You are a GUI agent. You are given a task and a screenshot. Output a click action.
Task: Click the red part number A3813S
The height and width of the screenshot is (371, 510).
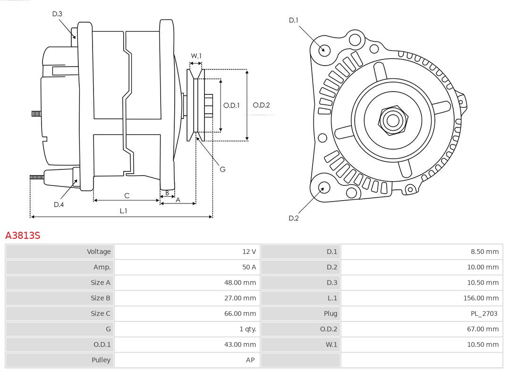point(22,235)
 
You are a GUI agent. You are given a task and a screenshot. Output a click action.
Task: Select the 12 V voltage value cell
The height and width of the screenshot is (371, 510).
point(249,252)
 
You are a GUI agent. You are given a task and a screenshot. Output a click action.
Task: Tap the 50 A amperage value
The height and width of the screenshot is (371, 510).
point(249,267)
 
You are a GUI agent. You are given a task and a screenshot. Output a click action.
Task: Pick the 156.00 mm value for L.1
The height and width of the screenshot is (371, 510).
point(481,298)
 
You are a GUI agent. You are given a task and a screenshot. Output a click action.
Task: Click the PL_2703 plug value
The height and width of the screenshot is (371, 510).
point(482,313)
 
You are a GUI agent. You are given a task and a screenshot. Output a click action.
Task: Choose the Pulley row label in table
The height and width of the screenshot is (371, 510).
point(101,360)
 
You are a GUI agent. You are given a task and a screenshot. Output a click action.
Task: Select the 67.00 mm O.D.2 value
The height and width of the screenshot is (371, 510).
point(483,329)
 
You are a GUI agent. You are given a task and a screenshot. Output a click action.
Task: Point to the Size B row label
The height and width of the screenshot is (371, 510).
point(100,298)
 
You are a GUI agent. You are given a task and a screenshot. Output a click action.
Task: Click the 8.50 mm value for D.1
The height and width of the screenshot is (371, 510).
point(484,252)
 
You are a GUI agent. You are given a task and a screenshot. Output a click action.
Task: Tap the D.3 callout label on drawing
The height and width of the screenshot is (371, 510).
point(57,14)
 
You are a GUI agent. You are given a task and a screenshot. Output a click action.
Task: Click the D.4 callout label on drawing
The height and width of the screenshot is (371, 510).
point(59,204)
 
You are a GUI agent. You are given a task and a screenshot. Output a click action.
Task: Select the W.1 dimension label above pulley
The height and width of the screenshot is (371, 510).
point(196,56)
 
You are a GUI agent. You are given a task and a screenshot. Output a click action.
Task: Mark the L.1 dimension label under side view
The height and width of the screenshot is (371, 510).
point(123,211)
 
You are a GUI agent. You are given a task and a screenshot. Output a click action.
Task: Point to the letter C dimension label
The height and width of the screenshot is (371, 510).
point(127,195)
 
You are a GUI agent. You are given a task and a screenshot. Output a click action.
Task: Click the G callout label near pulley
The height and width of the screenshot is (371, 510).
point(222,169)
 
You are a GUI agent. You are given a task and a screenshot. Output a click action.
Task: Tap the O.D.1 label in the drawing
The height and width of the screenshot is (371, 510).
point(231,105)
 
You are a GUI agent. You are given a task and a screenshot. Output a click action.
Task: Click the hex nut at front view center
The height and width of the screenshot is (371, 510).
point(392,120)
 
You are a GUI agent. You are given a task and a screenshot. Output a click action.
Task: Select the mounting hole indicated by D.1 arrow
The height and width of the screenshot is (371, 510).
point(324,50)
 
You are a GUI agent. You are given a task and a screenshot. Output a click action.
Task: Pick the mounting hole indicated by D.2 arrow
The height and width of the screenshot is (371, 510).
point(323,188)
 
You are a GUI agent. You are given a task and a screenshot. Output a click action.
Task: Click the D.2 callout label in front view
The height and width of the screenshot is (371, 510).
point(293,218)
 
